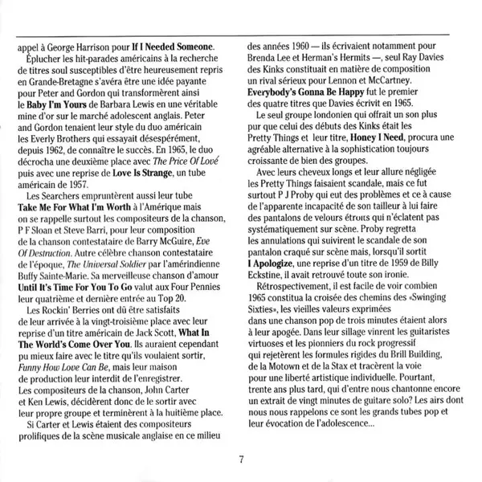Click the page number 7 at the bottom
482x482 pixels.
pos(241,460)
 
